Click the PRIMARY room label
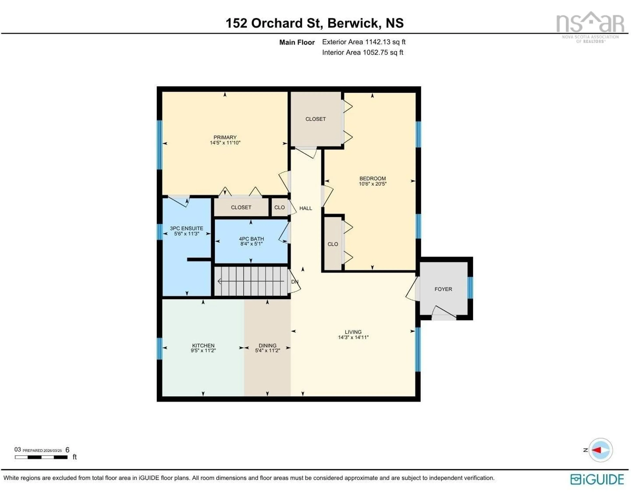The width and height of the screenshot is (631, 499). [x=225, y=137]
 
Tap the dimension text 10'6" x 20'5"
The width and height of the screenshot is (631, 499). [x=373, y=184]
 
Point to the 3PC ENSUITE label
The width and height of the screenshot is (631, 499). [x=187, y=228]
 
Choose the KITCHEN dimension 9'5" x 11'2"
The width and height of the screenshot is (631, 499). [x=203, y=350]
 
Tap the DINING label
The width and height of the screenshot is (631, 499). [x=267, y=345]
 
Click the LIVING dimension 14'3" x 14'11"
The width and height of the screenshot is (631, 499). [x=353, y=337]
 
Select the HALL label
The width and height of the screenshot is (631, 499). [x=305, y=208]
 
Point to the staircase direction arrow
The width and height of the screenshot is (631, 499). [x=251, y=281]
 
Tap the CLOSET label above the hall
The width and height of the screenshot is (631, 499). [x=315, y=119]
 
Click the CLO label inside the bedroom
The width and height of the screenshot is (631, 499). [x=333, y=244]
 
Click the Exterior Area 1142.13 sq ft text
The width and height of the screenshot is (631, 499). [x=364, y=42]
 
